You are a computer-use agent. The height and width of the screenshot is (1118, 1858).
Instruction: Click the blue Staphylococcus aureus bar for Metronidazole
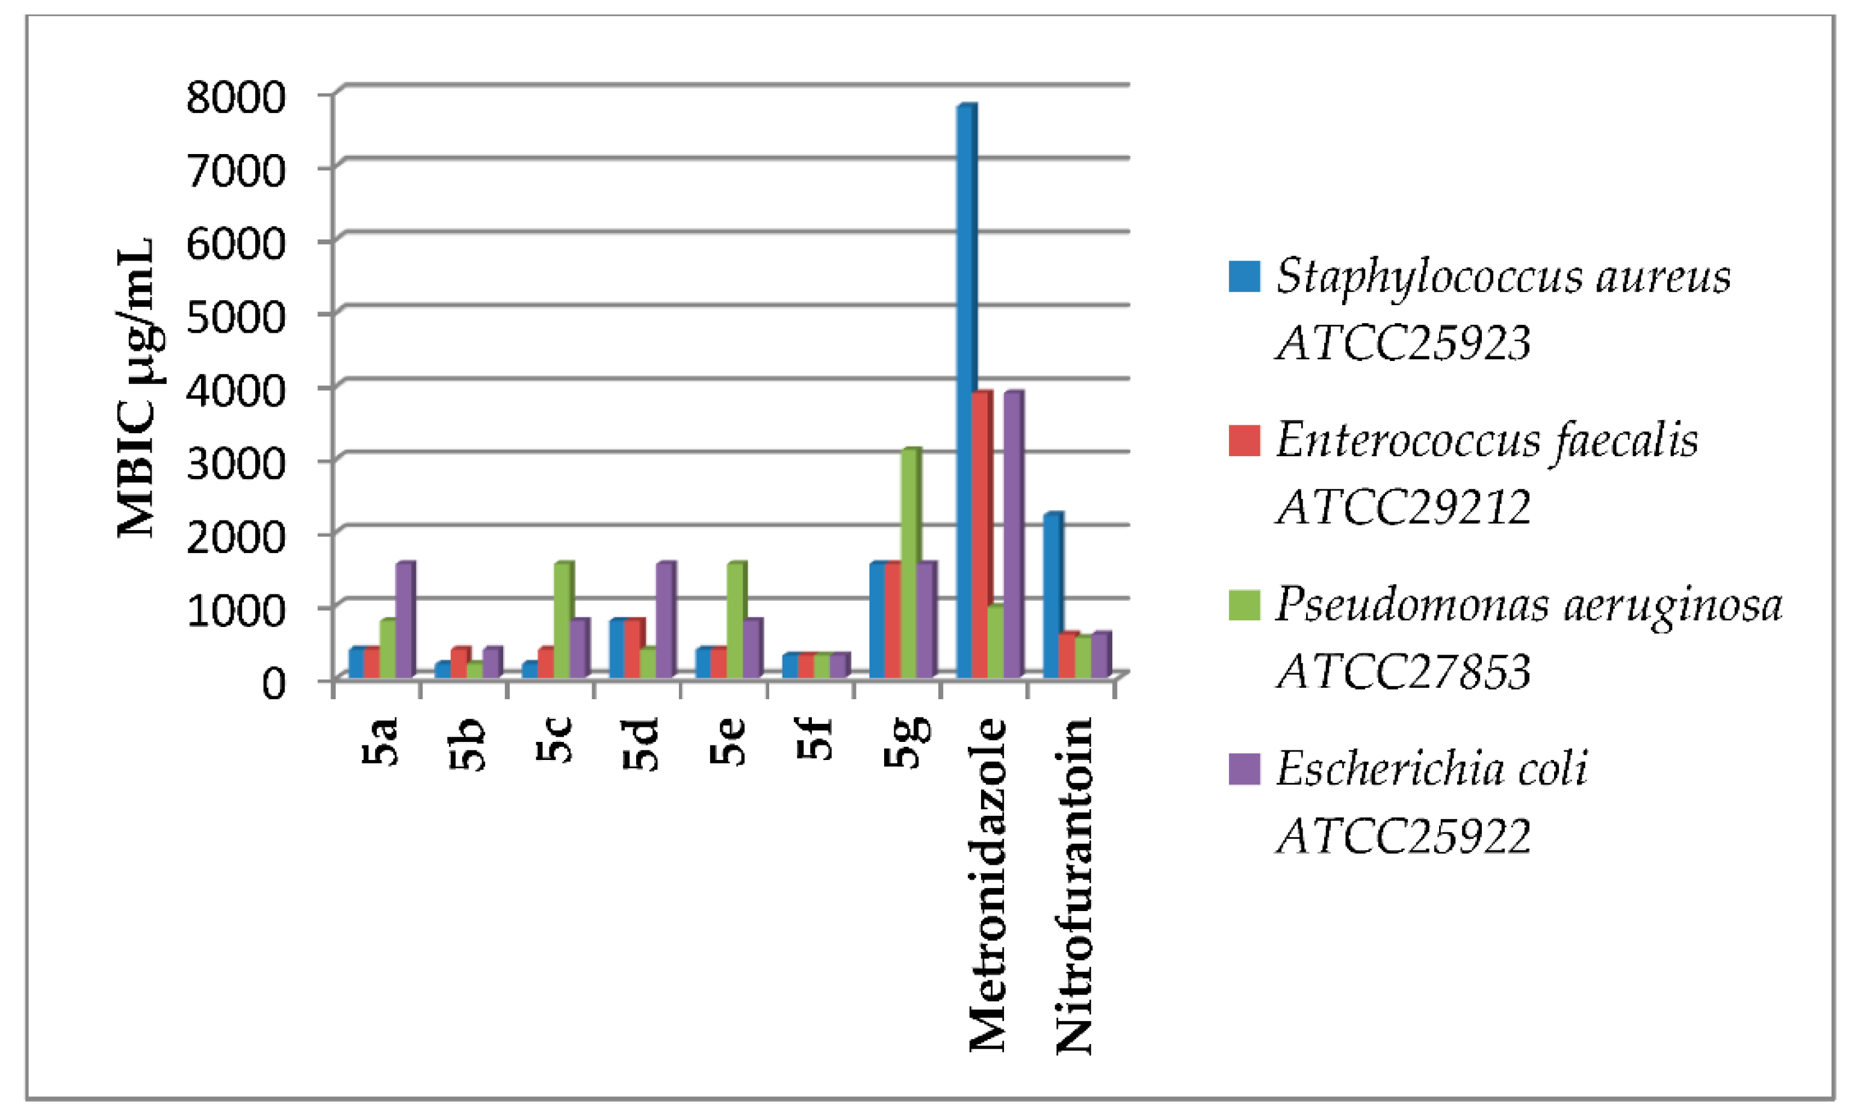pyautogui.click(x=965, y=392)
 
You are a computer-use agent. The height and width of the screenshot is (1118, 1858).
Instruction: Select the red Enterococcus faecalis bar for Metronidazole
pyautogui.click(x=980, y=535)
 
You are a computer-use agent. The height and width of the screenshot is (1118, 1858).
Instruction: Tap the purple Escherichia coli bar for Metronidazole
pyautogui.click(x=1012, y=535)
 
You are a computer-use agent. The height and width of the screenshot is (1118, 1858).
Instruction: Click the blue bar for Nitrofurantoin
pyautogui.click(x=1052, y=595)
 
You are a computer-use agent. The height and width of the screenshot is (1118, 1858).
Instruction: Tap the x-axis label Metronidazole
pyautogui.click(x=988, y=885)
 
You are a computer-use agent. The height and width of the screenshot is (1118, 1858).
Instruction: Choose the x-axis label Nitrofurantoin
pyautogui.click(x=1074, y=885)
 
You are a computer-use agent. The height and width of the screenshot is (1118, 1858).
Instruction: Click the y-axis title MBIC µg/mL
pyautogui.click(x=137, y=388)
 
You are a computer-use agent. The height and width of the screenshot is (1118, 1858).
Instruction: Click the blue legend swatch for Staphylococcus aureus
pyautogui.click(x=1244, y=276)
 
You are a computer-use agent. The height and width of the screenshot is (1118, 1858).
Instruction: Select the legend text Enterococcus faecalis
pyautogui.click(x=1487, y=440)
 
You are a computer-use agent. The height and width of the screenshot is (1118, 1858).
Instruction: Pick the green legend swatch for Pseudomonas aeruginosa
pyautogui.click(x=1244, y=605)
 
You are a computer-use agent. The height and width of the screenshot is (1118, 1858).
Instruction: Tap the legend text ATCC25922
pyautogui.click(x=1404, y=835)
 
